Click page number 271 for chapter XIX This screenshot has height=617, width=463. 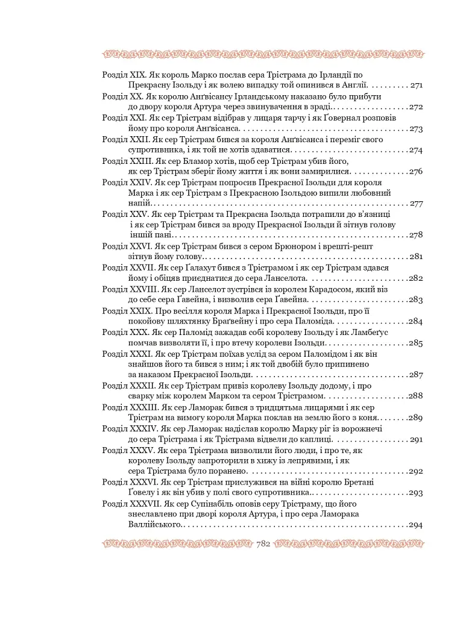click(416, 86)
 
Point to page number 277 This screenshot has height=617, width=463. click(416, 204)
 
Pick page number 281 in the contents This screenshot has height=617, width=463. click(416, 257)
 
